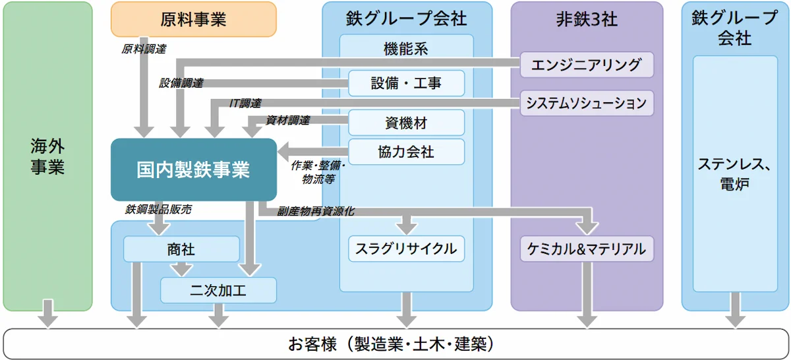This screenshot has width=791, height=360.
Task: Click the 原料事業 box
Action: coord(193,19)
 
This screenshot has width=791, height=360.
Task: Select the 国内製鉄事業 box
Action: coord(193,169)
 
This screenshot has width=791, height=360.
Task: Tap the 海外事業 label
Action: coord(47,156)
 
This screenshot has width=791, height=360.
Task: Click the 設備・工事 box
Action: coord(406,83)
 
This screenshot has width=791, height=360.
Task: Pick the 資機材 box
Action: coord(406,122)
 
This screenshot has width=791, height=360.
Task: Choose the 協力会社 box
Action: coord(406,152)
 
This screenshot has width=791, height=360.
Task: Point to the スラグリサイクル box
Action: coord(406,249)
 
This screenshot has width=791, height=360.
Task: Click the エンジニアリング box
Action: coord(587,65)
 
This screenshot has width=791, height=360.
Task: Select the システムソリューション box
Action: coord(587,103)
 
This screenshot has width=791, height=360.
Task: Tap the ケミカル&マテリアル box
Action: coord(587,249)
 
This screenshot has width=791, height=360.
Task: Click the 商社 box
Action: coord(181,249)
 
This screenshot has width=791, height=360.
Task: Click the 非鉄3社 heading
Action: coord(587,19)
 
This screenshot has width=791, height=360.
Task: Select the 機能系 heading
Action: coord(406,47)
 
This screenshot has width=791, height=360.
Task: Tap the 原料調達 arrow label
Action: coord(144,49)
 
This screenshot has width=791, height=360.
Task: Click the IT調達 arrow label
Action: coord(245,104)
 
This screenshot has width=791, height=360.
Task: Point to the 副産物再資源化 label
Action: coord(316,212)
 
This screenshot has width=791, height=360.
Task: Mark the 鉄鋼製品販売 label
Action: coord(159,210)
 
